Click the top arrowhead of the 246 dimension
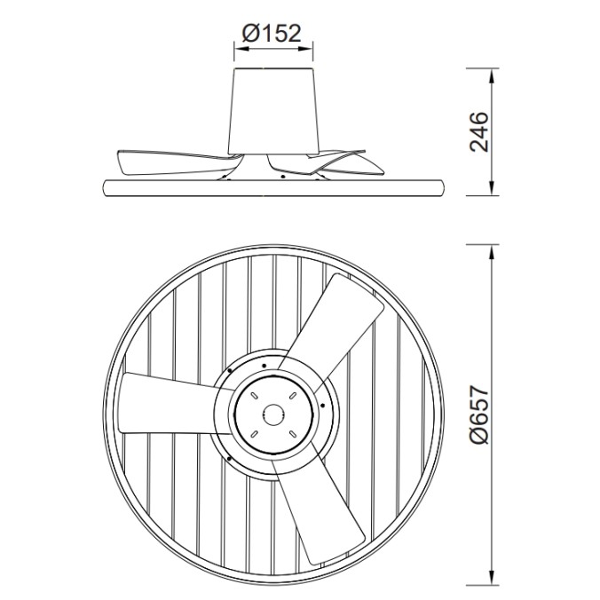click(x=493, y=72)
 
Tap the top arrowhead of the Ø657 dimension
click(x=493, y=248)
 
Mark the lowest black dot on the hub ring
click(x=229, y=458)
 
